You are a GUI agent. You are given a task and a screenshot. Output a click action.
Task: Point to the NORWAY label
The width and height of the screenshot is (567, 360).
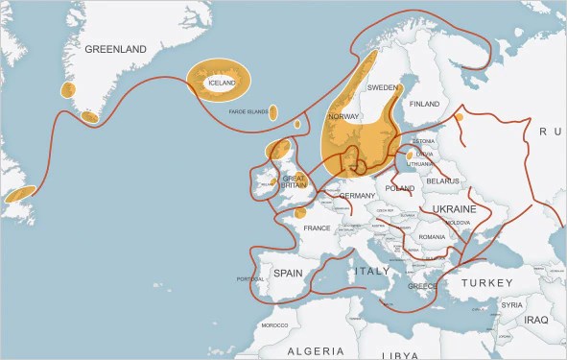[x=343, y=116]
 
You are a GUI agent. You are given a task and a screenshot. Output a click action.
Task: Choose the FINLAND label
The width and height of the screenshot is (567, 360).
[x=424, y=104]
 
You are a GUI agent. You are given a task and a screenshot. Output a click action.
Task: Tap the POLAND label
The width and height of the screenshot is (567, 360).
[x=399, y=188]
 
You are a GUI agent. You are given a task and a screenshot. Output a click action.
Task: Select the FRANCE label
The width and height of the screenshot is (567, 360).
[x=317, y=228]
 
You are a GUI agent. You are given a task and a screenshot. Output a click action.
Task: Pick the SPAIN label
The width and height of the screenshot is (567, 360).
[x=288, y=273]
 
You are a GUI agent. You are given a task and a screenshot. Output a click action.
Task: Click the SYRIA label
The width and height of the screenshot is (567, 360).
[x=512, y=304]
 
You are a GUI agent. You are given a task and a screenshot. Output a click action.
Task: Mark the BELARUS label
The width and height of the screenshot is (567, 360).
[x=443, y=180]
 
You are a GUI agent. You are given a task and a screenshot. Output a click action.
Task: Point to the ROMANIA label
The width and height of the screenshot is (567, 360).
[x=432, y=236]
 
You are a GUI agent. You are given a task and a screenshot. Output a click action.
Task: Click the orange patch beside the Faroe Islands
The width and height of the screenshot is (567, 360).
[x=274, y=113]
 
